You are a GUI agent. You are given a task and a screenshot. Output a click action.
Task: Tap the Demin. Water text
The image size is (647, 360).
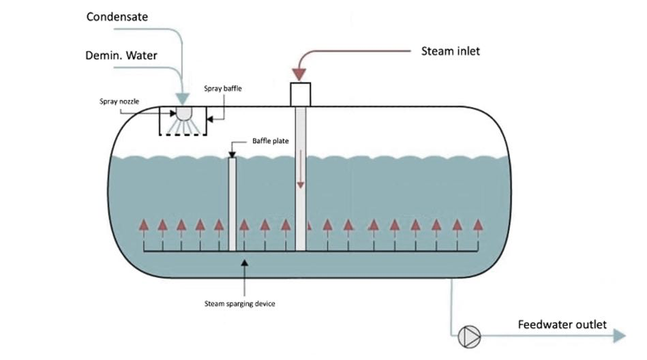122,55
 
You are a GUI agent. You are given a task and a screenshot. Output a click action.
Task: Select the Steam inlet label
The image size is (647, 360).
450,50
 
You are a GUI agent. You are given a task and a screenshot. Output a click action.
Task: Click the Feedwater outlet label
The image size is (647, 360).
562,325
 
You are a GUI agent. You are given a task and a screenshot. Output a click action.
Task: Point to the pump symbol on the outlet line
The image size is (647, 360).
470,335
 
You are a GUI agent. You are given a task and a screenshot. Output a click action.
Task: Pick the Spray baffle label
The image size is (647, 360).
223,89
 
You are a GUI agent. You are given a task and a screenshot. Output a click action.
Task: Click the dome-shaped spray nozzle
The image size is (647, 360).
183,115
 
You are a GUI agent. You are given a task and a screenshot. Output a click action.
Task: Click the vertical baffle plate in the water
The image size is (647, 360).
232,204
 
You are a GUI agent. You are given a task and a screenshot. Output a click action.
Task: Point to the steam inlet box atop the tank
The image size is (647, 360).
301,94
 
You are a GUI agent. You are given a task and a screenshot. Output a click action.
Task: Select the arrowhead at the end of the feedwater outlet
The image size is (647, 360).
618,335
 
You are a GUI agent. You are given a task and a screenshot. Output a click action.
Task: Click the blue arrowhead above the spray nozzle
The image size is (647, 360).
182,100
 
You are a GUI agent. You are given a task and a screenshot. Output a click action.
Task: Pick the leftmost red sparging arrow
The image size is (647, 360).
143,226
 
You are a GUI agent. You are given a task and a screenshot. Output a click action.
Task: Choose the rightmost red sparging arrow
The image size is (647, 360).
478,225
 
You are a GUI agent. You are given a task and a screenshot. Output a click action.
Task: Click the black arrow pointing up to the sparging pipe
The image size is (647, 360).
243,267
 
